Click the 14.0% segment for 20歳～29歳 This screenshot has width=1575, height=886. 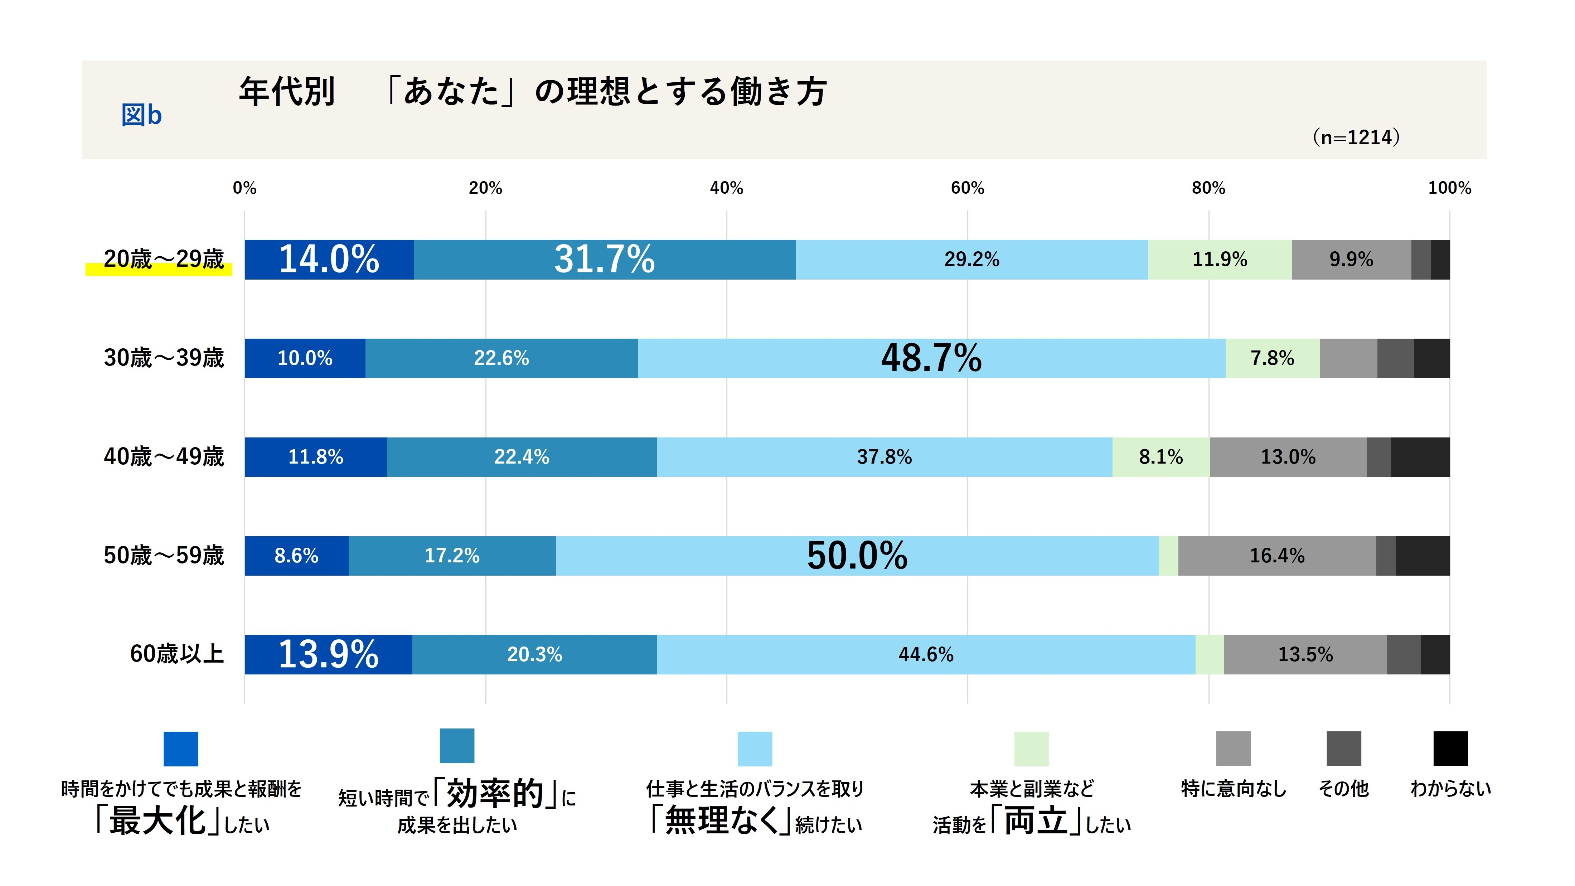coord(329,259)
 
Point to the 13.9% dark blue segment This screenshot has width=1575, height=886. coord(328,654)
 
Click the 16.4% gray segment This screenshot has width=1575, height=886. coord(1276,556)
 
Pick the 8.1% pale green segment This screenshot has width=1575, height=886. coord(1160,457)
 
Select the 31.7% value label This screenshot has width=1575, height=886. coord(604,259)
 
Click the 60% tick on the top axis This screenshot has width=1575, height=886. coord(967,188)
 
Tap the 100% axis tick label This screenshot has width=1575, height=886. coord(1449,188)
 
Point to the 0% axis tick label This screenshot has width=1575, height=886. coord(244,188)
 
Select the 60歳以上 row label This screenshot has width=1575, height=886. coord(177,654)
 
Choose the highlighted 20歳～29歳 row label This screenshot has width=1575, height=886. coord(164,259)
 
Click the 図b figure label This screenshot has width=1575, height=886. coord(141,115)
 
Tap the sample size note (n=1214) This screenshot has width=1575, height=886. coord(1356,137)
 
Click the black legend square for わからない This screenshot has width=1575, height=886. coord(1450,749)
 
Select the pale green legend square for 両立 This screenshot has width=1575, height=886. coord(1032,749)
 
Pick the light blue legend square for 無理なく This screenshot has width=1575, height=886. coord(755,749)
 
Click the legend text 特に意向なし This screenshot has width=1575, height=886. coord(1233,789)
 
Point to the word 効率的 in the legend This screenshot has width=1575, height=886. coord(495,794)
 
